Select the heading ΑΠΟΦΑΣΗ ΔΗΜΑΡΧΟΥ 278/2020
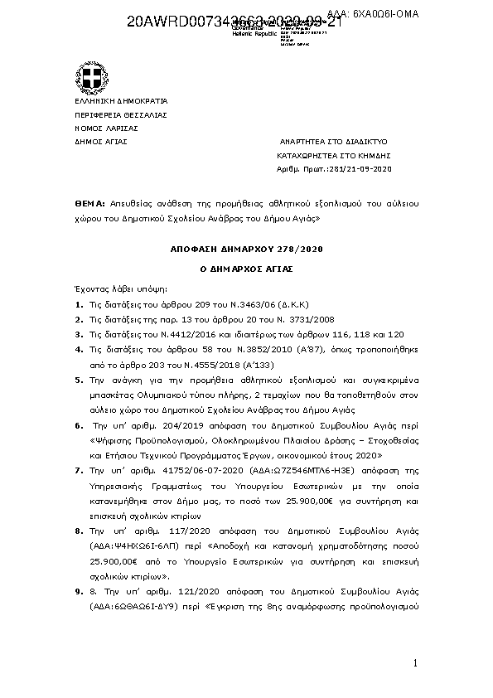coord(246,248)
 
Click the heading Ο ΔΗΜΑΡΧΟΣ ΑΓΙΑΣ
coord(246,269)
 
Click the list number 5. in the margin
coord(78,381)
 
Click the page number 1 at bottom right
coord(417,664)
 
